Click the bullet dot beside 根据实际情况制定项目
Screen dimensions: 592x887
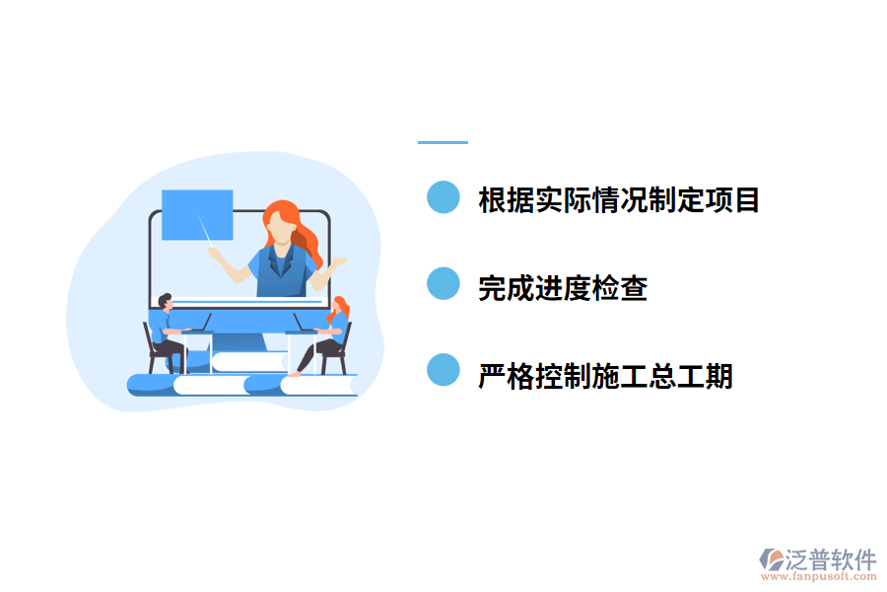point(443,197)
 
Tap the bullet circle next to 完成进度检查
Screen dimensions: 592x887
point(443,284)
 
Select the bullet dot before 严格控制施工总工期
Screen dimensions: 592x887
point(443,371)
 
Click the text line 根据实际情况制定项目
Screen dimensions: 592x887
point(618,199)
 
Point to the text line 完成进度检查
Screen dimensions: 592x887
point(562,287)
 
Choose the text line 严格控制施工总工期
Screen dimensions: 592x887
point(605,375)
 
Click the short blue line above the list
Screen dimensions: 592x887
point(443,142)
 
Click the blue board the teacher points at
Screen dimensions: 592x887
point(197,214)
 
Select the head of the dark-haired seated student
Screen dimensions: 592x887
point(165,301)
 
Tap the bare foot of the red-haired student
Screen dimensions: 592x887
point(293,374)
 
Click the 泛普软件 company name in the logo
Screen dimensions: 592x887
point(830,559)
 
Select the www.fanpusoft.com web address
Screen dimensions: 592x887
point(818,579)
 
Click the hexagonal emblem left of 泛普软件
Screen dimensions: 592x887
point(771,560)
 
